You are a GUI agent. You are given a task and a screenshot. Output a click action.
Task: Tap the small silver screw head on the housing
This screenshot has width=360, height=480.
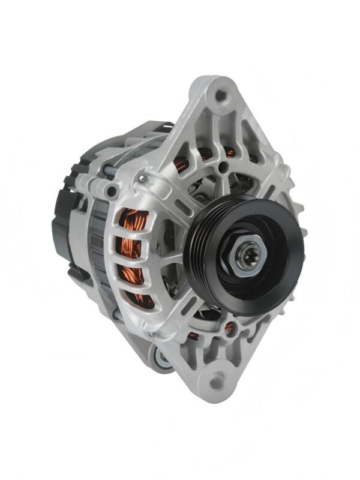[x=142, y=178]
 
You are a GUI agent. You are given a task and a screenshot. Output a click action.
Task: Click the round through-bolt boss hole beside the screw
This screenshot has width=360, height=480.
[x=112, y=191]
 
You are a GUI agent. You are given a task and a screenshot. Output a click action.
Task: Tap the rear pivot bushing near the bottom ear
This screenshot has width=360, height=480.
[x=161, y=359]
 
